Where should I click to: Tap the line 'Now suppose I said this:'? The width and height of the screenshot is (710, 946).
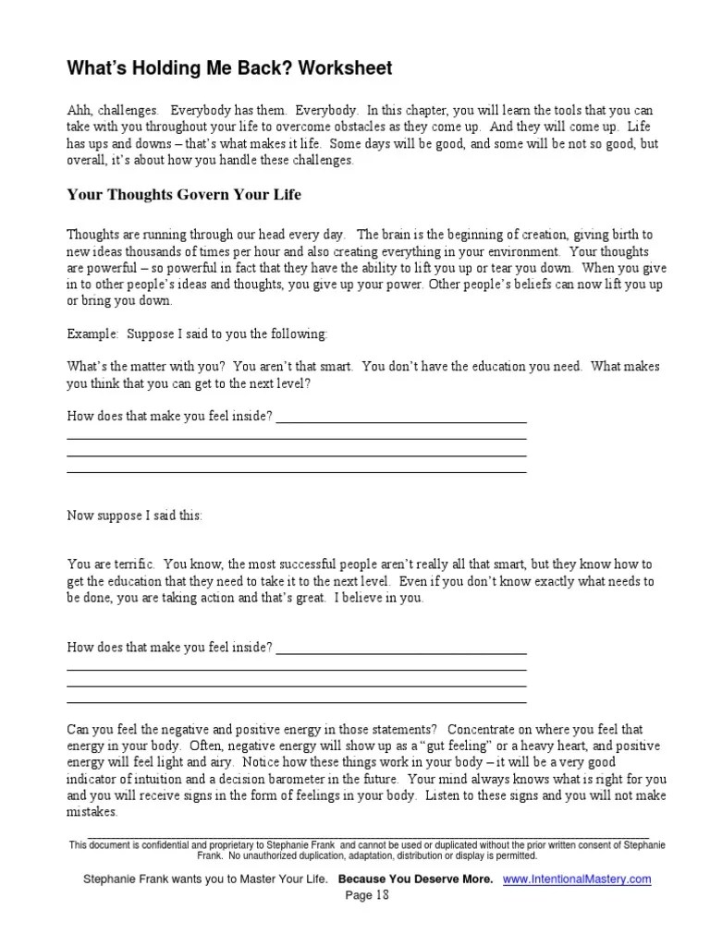[134, 516]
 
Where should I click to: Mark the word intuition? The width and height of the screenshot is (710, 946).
[161, 779]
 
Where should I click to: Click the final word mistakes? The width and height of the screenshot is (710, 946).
[92, 812]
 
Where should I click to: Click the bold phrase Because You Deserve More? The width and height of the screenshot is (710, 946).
[416, 879]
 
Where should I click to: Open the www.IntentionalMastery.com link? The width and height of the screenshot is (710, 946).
[577, 879]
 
